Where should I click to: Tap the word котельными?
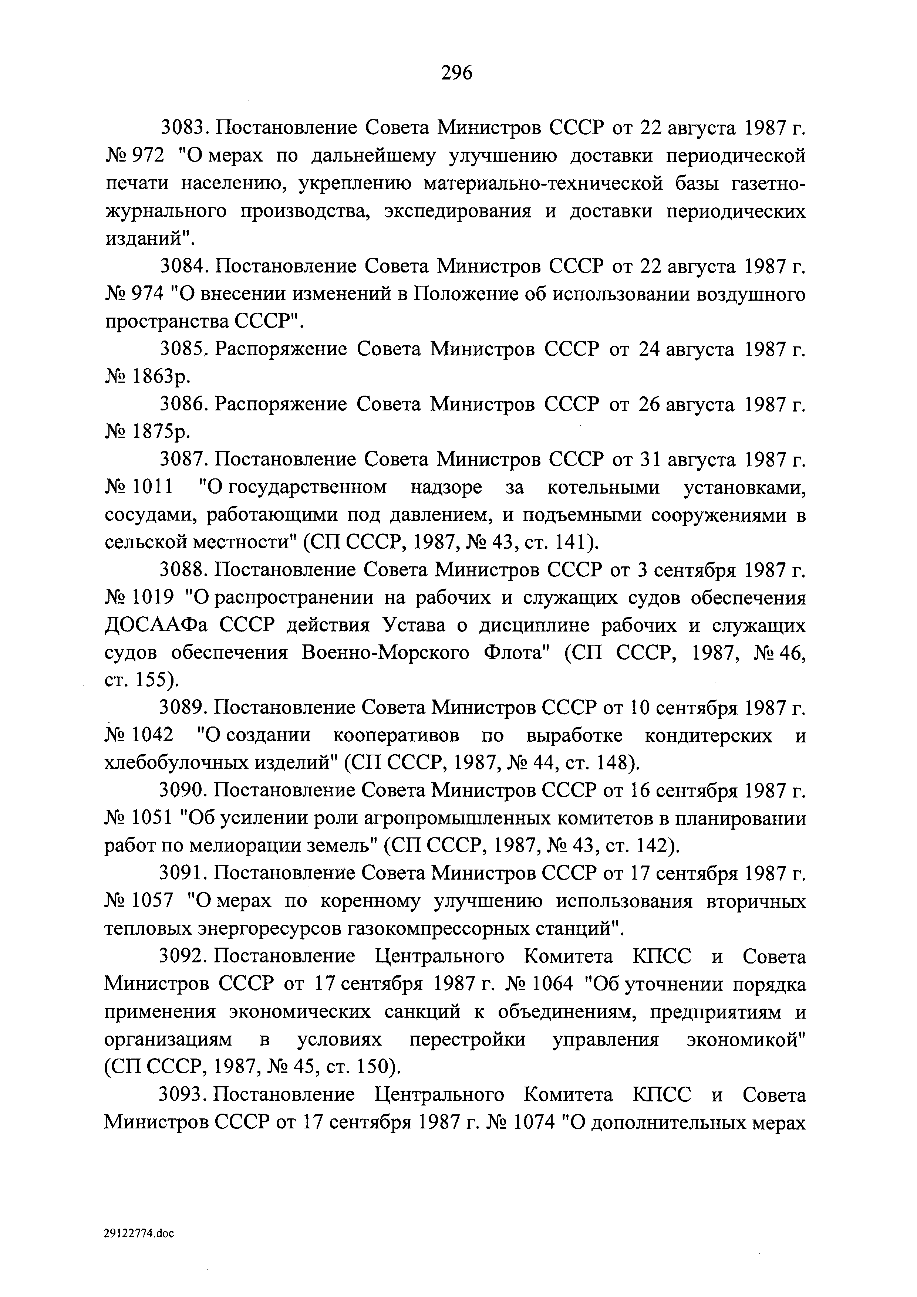pyautogui.click(x=603, y=488)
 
